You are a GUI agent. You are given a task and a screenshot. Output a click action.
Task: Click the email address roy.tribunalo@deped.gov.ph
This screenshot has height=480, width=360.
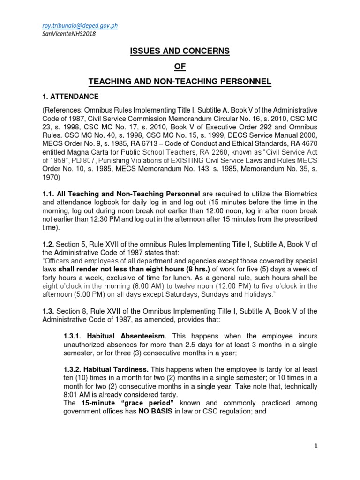pyautogui.click(x=80, y=25)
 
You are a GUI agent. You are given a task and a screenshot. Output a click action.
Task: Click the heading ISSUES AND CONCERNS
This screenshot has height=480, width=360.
pyautogui.click(x=180, y=51)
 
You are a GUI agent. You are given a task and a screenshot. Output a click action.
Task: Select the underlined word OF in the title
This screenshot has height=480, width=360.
pyautogui.click(x=180, y=67)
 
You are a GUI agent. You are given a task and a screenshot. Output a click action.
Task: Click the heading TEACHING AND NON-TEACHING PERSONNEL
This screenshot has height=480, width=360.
pyautogui.click(x=180, y=82)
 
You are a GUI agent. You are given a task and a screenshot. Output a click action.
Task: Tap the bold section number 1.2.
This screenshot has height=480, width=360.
pyautogui.click(x=48, y=243)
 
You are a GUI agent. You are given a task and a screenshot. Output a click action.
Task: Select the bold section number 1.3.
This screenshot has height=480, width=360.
pyautogui.click(x=48, y=312)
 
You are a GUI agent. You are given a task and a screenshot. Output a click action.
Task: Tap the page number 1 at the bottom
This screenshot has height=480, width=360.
pyautogui.click(x=316, y=446)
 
